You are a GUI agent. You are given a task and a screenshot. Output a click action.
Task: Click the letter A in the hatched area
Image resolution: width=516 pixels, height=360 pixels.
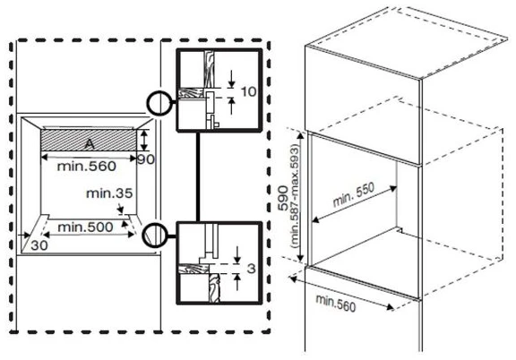[x=90, y=144]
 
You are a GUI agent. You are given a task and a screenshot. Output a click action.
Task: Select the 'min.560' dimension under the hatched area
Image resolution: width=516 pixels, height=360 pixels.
[x=87, y=167]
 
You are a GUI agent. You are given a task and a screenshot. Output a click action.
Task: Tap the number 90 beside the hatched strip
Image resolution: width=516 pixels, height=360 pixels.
[x=146, y=159]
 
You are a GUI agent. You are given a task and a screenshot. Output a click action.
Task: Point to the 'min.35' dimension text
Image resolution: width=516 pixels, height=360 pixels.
[x=109, y=193]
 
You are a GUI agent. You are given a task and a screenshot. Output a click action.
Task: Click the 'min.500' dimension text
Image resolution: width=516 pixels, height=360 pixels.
[x=85, y=227]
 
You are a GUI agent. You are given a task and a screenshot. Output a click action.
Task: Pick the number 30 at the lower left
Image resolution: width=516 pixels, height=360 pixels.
[x=39, y=245]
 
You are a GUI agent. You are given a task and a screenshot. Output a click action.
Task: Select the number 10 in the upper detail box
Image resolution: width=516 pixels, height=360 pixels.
[x=248, y=92]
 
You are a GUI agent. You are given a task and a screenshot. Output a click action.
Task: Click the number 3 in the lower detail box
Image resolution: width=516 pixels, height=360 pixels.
[x=251, y=269]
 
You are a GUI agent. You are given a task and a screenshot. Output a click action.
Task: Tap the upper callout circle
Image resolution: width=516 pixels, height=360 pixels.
[x=159, y=103]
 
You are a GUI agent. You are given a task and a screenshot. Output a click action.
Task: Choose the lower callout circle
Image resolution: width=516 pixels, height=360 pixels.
[x=155, y=236]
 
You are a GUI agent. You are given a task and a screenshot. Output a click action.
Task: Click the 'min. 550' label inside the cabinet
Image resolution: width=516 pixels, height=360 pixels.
[x=354, y=194]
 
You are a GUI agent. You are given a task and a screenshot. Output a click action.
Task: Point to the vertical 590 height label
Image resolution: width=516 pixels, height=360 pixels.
[x=283, y=198]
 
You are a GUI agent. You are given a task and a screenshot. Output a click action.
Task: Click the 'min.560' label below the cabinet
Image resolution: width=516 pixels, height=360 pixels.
[x=336, y=303]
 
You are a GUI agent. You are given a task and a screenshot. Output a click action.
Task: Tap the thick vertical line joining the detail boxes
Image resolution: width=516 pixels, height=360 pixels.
[x=198, y=176]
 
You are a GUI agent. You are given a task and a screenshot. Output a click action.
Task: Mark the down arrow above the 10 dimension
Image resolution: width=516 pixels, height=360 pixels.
[x=232, y=79]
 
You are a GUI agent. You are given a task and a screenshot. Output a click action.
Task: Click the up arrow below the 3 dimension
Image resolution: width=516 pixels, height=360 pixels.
[x=237, y=282]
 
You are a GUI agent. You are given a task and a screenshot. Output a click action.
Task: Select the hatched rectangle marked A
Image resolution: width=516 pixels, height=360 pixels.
[x=88, y=140]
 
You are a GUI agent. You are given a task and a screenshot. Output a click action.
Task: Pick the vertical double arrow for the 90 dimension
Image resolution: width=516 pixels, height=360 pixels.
[x=143, y=140]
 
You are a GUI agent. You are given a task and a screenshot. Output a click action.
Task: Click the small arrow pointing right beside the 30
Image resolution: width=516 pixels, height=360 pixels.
[x=23, y=235]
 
